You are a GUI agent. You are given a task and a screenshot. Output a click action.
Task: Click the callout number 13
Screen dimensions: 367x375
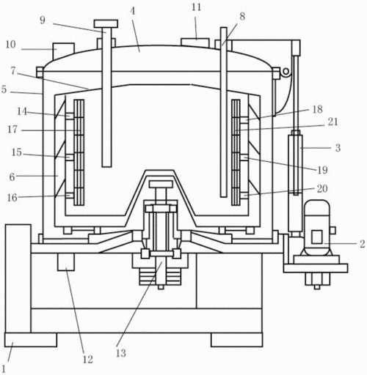[x=121, y=353]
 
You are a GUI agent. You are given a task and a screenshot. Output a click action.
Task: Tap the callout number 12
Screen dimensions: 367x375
[x=87, y=359]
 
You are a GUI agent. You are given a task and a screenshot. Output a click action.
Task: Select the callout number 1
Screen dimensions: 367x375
[x=4, y=368]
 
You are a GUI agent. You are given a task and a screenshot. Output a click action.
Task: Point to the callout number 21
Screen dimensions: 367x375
[x=333, y=122]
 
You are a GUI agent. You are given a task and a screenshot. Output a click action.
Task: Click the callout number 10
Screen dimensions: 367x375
[x=10, y=45]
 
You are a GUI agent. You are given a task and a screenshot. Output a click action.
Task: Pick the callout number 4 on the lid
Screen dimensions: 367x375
[x=132, y=11]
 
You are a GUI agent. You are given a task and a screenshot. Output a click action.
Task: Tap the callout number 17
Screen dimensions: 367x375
[x=12, y=130]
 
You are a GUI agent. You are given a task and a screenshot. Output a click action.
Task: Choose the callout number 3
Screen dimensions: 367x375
[x=338, y=148]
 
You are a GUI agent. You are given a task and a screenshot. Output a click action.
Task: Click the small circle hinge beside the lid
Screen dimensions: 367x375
[x=286, y=72]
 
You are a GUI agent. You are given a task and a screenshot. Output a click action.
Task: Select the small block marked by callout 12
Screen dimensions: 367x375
[x=66, y=262]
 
